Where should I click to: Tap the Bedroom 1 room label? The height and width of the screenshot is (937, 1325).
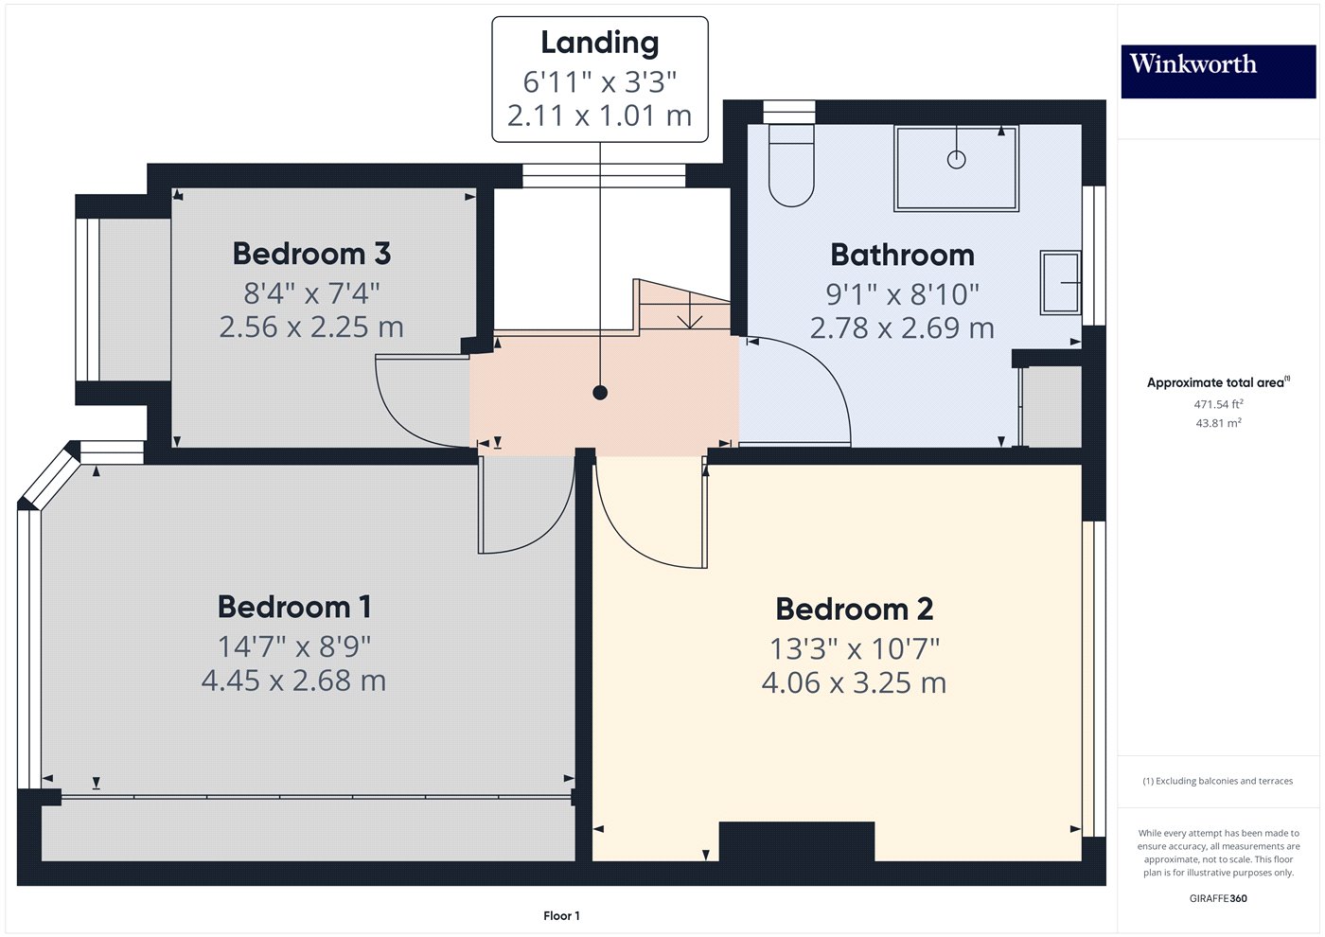point(294,607)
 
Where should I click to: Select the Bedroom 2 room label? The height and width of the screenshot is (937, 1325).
point(854,609)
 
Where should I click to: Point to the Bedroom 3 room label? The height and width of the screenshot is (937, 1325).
point(311,254)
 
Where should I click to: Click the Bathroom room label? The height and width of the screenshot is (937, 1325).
point(902,255)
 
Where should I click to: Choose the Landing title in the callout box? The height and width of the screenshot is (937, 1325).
point(599,43)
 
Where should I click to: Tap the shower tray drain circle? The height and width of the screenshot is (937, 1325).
point(956,159)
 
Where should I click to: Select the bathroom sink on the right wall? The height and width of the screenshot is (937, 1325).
point(1060,282)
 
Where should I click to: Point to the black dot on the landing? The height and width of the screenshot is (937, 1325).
point(600,393)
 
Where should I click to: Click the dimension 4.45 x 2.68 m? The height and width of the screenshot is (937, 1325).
point(293,681)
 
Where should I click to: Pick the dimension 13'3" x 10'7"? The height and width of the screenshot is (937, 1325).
point(854,649)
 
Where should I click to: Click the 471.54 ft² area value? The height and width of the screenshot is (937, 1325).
point(1217,404)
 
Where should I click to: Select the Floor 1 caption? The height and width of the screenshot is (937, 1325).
point(561,915)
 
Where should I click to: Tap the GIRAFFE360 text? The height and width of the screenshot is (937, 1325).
point(1217,898)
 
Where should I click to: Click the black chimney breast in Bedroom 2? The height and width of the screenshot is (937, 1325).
point(796,841)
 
